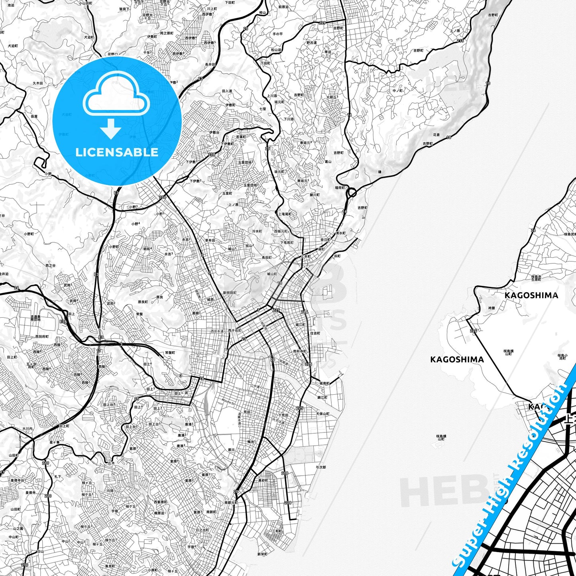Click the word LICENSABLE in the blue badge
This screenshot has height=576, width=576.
click(117, 152)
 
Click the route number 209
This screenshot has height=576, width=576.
click(322, 23)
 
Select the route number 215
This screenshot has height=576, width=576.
click(460, 41)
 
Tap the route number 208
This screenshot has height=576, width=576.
click(211, 154)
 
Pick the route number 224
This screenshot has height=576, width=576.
click(473, 331)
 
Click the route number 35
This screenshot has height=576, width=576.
click(137, 399)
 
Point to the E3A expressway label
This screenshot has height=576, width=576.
click(63, 321)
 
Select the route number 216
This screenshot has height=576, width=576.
click(305, 312)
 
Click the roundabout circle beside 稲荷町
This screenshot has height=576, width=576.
click(352, 193)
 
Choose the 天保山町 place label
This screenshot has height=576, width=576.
click(322, 414)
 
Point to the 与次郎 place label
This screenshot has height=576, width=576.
click(320, 467)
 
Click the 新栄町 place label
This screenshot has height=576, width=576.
click(262, 554)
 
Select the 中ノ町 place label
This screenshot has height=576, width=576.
click(397, 90)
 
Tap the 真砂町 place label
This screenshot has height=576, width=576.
click(263, 480)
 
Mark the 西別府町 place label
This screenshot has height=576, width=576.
click(42, 336)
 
